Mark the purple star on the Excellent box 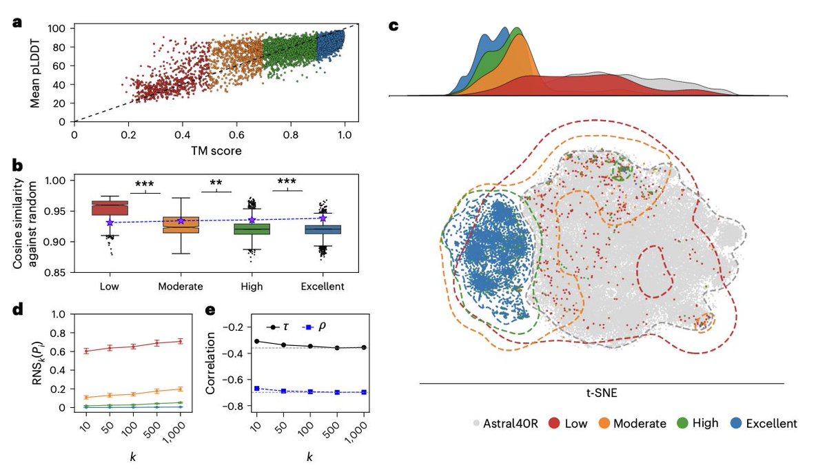pos(323,218)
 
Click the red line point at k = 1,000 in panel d pos(181,340)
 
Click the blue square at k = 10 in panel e pos(257,388)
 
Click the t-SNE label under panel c pos(601,393)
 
